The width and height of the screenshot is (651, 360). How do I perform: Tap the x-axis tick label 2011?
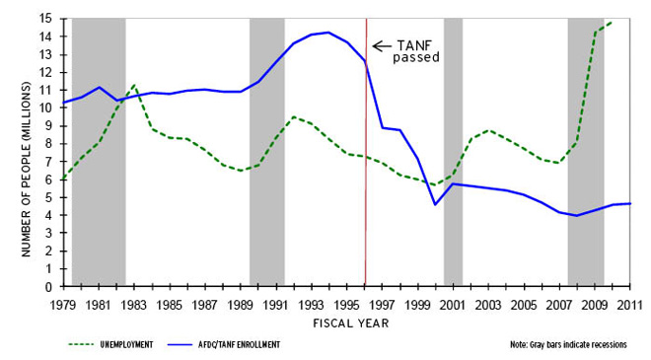coord(629,304)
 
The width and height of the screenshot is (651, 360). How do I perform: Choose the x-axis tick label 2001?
coord(452,304)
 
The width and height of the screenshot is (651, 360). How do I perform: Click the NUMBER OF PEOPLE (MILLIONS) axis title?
coord(27,153)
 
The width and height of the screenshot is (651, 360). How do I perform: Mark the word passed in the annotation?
coord(415,58)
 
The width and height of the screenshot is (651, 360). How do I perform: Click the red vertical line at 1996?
coord(366,197)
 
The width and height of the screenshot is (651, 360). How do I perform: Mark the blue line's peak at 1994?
coord(328,33)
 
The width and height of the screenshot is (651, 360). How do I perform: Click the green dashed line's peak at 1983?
coord(133,85)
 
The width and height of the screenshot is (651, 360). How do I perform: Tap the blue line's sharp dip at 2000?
coord(435,204)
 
